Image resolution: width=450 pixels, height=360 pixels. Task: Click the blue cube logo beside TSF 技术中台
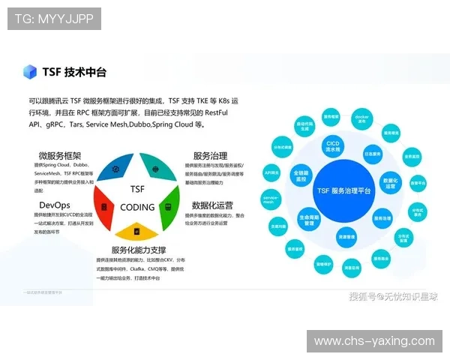tap(30, 72)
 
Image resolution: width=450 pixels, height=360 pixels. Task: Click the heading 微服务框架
tap(60, 156)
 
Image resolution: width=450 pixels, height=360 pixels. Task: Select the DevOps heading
tap(55, 204)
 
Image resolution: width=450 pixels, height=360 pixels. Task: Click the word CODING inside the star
tap(137, 207)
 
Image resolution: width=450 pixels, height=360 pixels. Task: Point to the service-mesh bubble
tap(271, 199)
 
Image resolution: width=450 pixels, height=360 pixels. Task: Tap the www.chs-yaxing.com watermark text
tap(374, 341)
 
